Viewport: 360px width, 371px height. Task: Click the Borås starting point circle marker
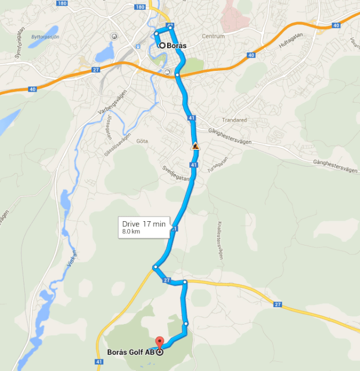(x=162, y=45)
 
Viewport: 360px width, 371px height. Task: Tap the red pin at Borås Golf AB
(x=160, y=342)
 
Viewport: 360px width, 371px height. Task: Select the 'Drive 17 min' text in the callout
(x=143, y=224)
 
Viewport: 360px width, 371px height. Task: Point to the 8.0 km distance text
(x=131, y=232)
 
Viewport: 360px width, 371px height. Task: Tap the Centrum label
(x=213, y=37)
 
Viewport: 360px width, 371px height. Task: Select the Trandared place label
(x=235, y=120)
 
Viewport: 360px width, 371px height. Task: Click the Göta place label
(x=142, y=141)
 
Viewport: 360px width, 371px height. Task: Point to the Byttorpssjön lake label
(x=45, y=37)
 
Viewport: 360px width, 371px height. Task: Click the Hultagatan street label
(x=291, y=44)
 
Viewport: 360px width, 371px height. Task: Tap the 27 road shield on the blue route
(x=167, y=280)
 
